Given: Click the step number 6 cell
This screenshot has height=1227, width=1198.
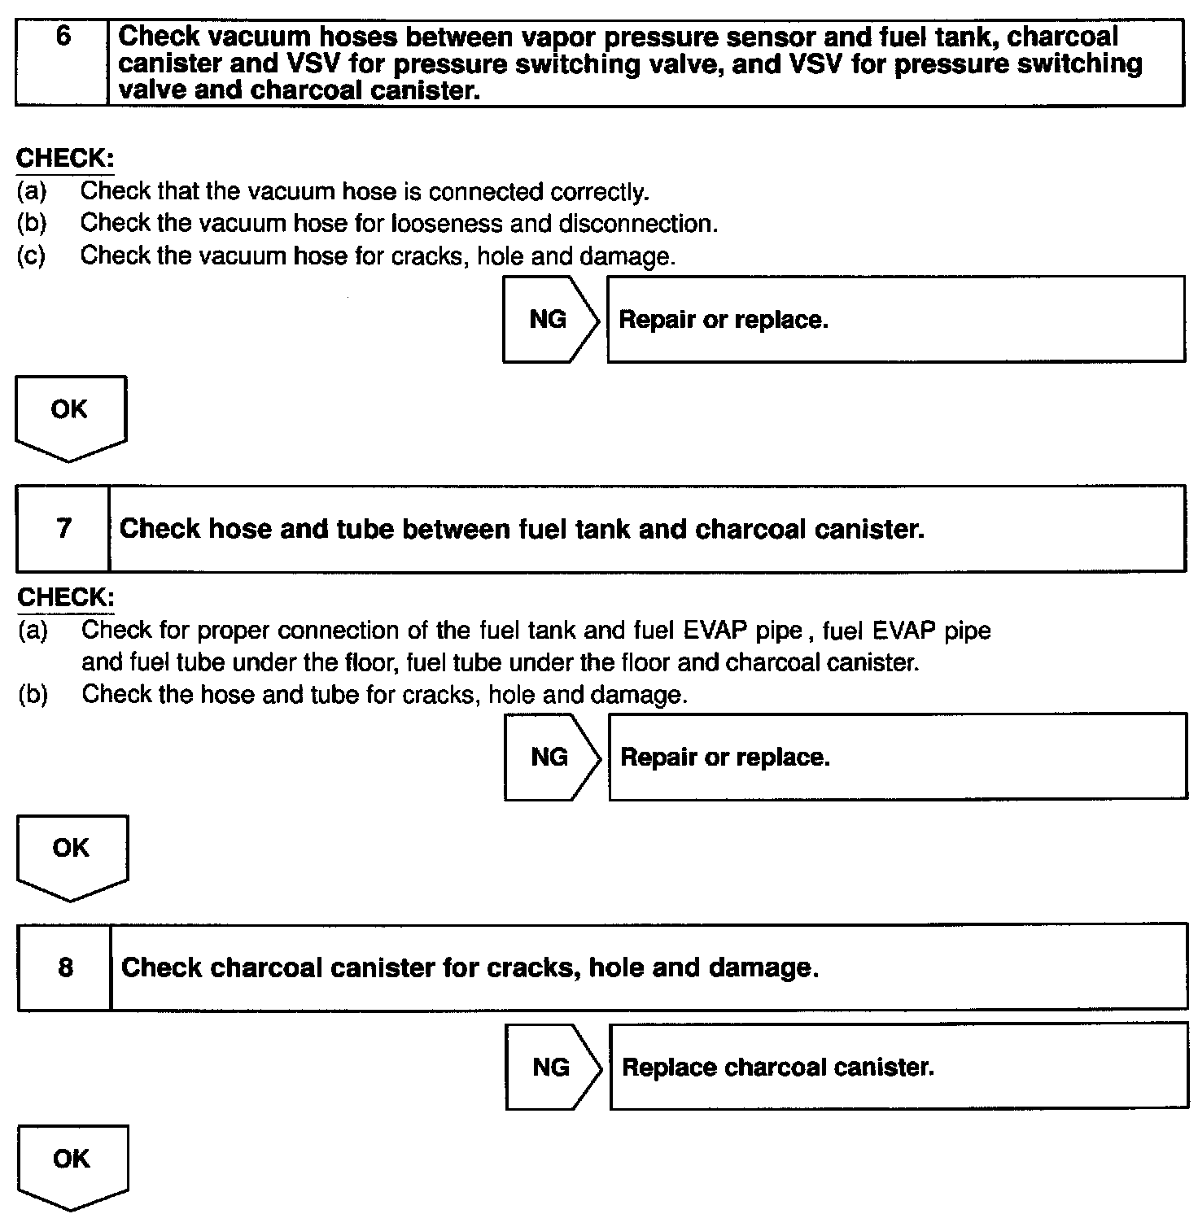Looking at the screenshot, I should pyautogui.click(x=62, y=63).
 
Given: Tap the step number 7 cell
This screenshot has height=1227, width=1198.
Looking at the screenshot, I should pyautogui.click(x=63, y=529).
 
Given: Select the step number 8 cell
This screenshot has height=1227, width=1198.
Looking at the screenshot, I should pyautogui.click(x=64, y=967).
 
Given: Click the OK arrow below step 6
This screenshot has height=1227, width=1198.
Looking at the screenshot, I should pyautogui.click(x=70, y=416).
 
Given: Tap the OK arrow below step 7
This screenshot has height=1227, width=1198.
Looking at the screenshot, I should pyautogui.click(x=72, y=855).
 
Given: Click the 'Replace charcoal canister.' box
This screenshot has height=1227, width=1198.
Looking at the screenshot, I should pyautogui.click(x=898, y=1067).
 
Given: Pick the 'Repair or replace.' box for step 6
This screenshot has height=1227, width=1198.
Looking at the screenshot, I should pyautogui.click(x=895, y=320).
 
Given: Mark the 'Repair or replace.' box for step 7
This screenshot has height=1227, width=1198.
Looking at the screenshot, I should pyautogui.click(x=897, y=758).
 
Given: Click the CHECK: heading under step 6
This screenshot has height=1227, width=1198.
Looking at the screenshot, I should pyautogui.click(x=65, y=158).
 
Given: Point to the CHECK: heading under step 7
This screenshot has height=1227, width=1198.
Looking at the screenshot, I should pyautogui.click(x=66, y=597).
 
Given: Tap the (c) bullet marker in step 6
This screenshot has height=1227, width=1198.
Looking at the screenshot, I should pyautogui.click(x=31, y=256).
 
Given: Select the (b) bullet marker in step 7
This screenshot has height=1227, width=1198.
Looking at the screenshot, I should pyautogui.click(x=33, y=695).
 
